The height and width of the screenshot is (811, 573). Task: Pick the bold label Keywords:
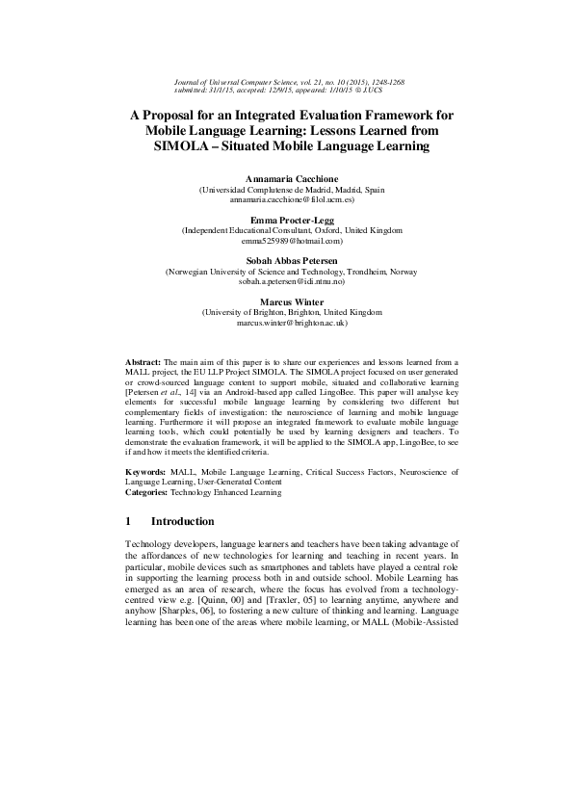coord(148,473)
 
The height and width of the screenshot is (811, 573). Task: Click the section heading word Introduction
coord(183,521)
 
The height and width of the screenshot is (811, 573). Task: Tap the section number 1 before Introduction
coord(129,521)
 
